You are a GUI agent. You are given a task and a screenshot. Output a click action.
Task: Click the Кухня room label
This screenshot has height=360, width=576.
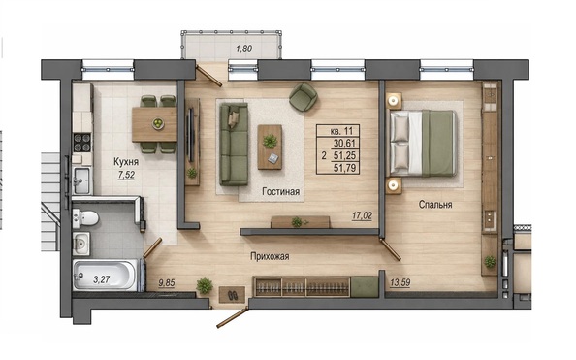coord(126,162)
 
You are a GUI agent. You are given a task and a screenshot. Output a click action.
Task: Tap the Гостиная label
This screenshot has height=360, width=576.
coord(281,191)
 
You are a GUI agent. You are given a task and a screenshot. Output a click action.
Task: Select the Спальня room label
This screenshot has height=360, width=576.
coord(435,205)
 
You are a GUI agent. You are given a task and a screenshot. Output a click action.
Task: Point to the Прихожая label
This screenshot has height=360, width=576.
coord(270,256)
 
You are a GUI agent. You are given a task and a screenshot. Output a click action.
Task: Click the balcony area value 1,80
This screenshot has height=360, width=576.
coord(244,49)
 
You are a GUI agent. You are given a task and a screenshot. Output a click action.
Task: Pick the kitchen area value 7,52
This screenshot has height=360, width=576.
coord(126,175)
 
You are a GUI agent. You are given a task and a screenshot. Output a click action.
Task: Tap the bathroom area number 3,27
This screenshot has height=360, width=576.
coord(102,279)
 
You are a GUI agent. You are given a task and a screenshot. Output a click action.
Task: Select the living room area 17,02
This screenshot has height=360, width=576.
coord(362,215)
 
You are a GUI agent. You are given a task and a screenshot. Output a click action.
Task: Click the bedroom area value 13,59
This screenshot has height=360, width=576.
coord(400,282)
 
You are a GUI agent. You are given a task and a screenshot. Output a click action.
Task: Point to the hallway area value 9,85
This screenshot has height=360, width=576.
coord(167,283)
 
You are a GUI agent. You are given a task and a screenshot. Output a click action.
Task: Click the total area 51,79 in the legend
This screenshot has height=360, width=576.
coord(344,168)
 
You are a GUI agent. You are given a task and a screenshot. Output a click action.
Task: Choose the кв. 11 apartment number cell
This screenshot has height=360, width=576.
coord(341,131)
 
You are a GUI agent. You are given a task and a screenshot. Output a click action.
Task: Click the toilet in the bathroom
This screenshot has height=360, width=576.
coord(85,218)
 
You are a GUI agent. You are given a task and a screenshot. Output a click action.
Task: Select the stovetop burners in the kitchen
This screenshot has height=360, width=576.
coord(82,143)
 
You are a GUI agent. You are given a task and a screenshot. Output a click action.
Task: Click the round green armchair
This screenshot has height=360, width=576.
coord(304,97)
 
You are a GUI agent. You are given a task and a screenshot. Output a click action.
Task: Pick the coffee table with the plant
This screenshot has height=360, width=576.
coord(270,147)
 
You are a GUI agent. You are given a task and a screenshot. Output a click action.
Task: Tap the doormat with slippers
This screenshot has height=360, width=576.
coord(232,295)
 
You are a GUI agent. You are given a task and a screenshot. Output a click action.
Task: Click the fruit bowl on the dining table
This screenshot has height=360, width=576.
coord(158,123)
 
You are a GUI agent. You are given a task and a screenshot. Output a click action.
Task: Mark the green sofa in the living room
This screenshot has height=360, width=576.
coord(234,145)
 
